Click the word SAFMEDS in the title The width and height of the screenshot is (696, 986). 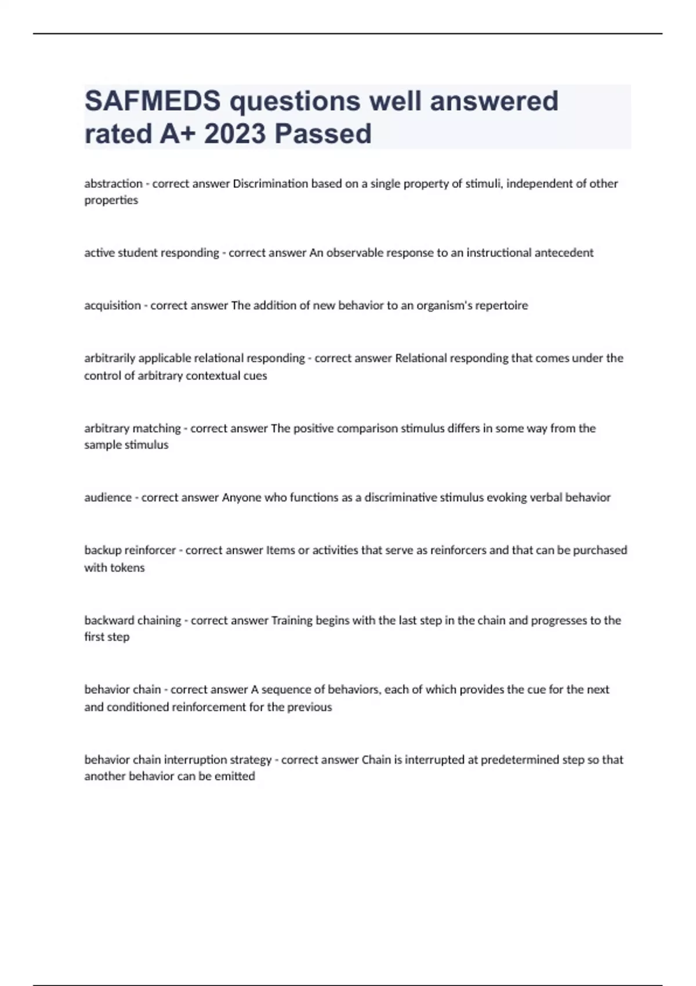coord(153,101)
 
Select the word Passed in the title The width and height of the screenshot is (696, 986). coord(323,134)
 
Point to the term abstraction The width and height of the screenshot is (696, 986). coord(113,184)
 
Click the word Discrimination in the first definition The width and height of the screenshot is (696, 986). coord(270,184)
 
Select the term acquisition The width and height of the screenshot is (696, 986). coord(113,306)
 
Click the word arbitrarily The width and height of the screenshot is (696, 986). coord(110,358)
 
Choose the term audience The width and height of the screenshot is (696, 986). coord(108,498)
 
